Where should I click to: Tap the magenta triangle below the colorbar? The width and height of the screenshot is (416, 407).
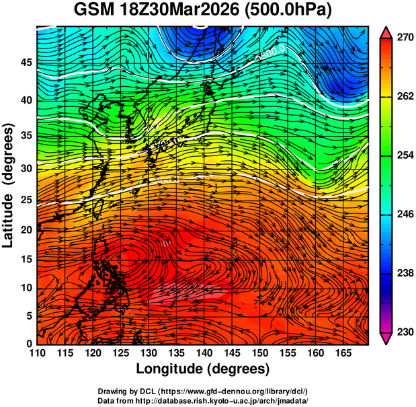click(386, 338)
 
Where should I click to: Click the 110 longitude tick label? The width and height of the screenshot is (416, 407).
click(37, 354)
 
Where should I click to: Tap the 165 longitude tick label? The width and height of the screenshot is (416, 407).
click(342, 354)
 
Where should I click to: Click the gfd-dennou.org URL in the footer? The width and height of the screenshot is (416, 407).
click(235, 391)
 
